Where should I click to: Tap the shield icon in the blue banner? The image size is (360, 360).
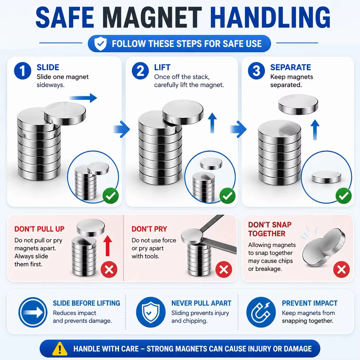pyautogui.click(x=100, y=44)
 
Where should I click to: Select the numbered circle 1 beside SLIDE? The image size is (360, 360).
pyautogui.click(x=23, y=71)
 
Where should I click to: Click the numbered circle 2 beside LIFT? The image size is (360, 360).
pyautogui.click(x=140, y=71)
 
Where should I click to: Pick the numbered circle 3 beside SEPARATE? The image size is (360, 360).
pyautogui.click(x=256, y=71)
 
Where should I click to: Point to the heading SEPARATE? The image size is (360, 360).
pyautogui.click(x=291, y=67)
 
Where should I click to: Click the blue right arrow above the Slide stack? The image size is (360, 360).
pyautogui.click(x=83, y=98)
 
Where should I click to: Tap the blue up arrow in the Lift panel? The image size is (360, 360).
pyautogui.click(x=212, y=123)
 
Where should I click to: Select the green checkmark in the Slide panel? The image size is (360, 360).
pyautogui.click(x=111, y=196)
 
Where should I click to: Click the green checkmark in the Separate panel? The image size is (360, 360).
pyautogui.click(x=344, y=196)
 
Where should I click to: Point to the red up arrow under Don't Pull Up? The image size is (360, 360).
pyautogui.click(x=108, y=246)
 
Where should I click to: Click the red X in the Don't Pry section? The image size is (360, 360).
pyautogui.click(x=224, y=269)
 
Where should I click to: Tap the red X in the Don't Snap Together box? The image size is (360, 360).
pyautogui.click(x=341, y=269)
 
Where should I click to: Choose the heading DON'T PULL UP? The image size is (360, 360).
pyautogui.click(x=39, y=229)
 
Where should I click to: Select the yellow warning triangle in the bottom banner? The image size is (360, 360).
pyautogui.click(x=60, y=349)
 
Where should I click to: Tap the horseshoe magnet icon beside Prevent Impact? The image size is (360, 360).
pyautogui.click(x=261, y=312)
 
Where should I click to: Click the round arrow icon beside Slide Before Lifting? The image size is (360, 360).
pyautogui.click(x=33, y=312)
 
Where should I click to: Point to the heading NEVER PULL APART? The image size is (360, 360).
pyautogui.click(x=202, y=303)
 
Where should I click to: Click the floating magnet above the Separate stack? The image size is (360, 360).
pyautogui.click(x=298, y=104)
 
